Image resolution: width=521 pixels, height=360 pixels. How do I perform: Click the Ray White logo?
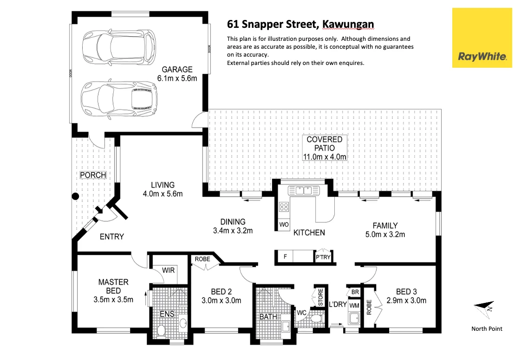(x=482, y=38)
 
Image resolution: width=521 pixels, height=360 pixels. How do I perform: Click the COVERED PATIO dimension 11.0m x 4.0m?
(x=325, y=157)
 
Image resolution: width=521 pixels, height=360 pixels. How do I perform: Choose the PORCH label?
(x=93, y=175)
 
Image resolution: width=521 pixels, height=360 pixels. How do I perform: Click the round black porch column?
(x=75, y=196)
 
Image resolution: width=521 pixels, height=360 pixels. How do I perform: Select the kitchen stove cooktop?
(x=284, y=207)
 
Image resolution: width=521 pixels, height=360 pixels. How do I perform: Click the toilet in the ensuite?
(x=161, y=330)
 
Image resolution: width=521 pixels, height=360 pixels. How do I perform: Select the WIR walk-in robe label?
(x=168, y=270)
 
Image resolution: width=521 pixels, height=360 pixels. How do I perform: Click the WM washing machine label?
(x=354, y=305)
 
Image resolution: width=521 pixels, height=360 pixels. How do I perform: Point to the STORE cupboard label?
(x=320, y=298)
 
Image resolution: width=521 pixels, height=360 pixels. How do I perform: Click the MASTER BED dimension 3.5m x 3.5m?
(x=113, y=300)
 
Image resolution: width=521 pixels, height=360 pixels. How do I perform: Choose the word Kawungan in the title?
(x=347, y=24)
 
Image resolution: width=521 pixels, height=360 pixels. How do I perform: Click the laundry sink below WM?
(x=354, y=319)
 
